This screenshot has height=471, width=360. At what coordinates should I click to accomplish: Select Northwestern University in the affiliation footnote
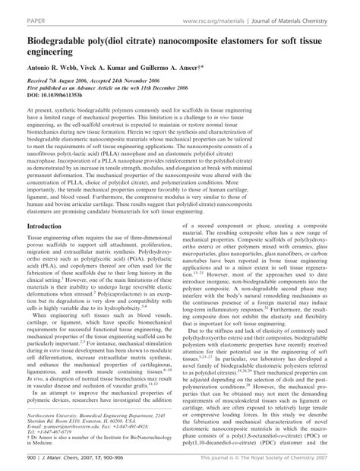coord(47,417)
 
